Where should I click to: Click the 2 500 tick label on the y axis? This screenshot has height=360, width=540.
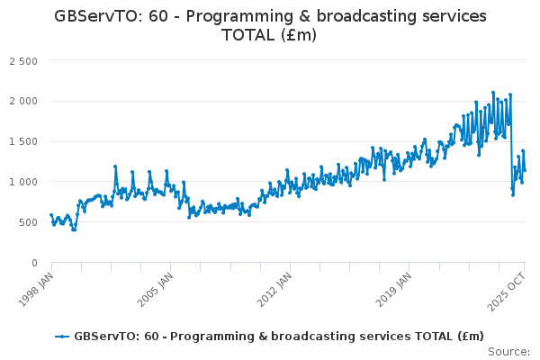point(22,60)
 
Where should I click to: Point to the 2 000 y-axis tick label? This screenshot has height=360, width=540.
point(22,101)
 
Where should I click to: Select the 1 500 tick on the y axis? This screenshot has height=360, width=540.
point(22,141)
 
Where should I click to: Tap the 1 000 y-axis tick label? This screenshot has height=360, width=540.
point(22,182)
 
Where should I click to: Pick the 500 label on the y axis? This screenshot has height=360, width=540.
point(29,222)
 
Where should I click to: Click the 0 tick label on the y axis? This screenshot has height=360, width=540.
point(34,263)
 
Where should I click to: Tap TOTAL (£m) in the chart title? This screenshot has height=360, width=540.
point(269,35)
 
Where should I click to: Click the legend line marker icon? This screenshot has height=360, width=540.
point(62,337)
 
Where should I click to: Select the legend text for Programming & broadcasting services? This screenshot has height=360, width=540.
point(279,337)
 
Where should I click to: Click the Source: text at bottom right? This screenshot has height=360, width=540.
point(509,351)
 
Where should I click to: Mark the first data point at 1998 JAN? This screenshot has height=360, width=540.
point(51,215)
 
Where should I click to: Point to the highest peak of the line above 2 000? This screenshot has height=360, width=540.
point(493,92)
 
